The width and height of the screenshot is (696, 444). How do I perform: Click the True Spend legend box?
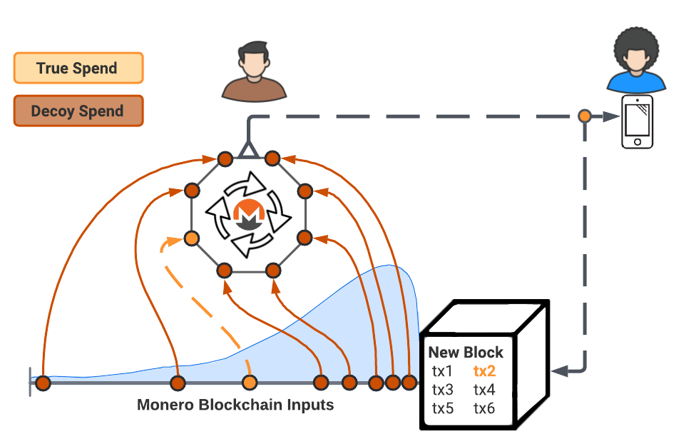pyautogui.click(x=78, y=69)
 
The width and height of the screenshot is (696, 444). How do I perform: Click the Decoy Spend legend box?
pyautogui.click(x=78, y=111)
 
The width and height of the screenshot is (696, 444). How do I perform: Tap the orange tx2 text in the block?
pyautogui.click(x=484, y=371)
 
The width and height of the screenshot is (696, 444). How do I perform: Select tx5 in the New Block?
pyautogui.click(x=442, y=409)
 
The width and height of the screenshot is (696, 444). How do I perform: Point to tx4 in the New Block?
pyautogui.click(x=484, y=390)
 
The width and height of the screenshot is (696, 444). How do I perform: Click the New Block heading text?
pyautogui.click(x=466, y=353)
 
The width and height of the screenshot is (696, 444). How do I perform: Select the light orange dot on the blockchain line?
pyautogui.click(x=249, y=383)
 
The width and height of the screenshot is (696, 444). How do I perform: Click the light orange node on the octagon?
pyautogui.click(x=192, y=238)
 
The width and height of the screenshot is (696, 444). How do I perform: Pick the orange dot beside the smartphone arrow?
pyautogui.click(x=585, y=116)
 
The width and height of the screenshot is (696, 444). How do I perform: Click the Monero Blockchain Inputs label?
pyautogui.click(x=235, y=405)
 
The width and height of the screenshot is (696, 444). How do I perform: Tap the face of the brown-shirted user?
pyautogui.click(x=254, y=61)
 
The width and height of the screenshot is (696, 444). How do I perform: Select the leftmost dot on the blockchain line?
pyautogui.click(x=43, y=383)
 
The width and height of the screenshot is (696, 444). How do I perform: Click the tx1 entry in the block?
pyautogui.click(x=442, y=371)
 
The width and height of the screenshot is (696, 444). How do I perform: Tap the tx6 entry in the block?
pyautogui.click(x=484, y=409)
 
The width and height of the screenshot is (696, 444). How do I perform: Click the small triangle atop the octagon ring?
pyautogui.click(x=247, y=149)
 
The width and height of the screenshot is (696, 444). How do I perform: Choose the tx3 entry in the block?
pyautogui.click(x=442, y=390)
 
